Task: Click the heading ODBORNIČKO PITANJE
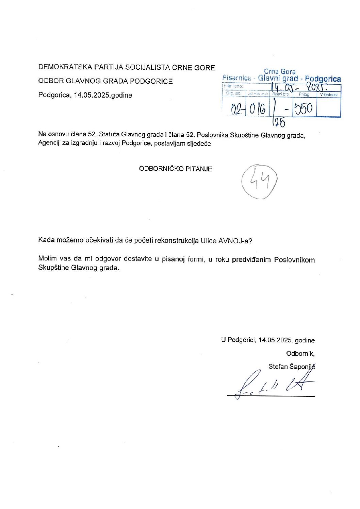tap(176, 169)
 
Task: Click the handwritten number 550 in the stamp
tap(303, 109)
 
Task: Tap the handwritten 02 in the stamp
tap(237, 109)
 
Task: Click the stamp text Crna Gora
tap(280, 72)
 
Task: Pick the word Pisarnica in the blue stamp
tap(237, 78)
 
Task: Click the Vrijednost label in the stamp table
tap(329, 95)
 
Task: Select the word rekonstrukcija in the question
tap(177, 241)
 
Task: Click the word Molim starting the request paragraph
tap(48, 259)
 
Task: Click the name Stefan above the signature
tap(278, 367)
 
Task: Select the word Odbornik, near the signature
tap(300, 354)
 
